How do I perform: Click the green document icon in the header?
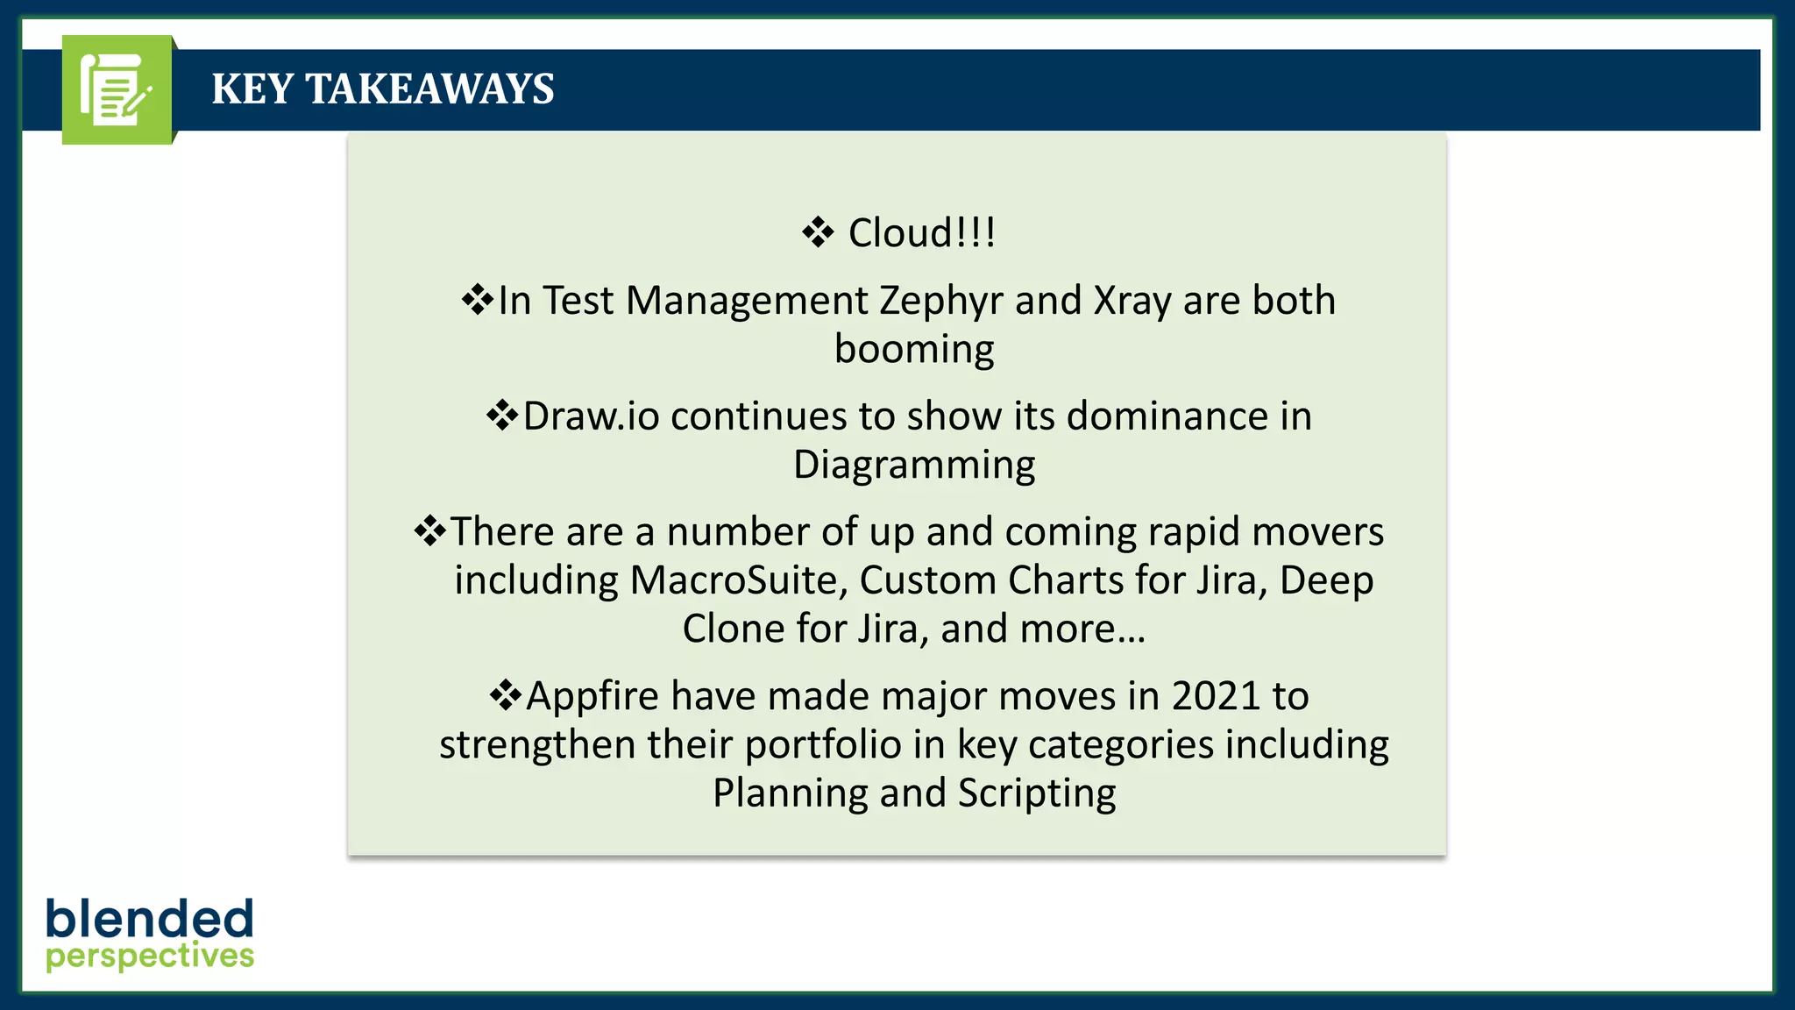point(117,89)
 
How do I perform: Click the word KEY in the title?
point(252,89)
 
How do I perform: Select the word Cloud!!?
point(921,233)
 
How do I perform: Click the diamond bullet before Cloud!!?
point(818,232)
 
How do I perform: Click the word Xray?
point(1132,302)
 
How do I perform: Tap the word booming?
point(914,350)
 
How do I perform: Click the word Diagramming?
point(914,466)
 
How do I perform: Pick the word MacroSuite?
point(738,580)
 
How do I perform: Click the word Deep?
point(1326,580)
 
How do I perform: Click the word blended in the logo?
point(150,918)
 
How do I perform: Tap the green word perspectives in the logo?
point(150,957)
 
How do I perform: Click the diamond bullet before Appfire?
point(506,695)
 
